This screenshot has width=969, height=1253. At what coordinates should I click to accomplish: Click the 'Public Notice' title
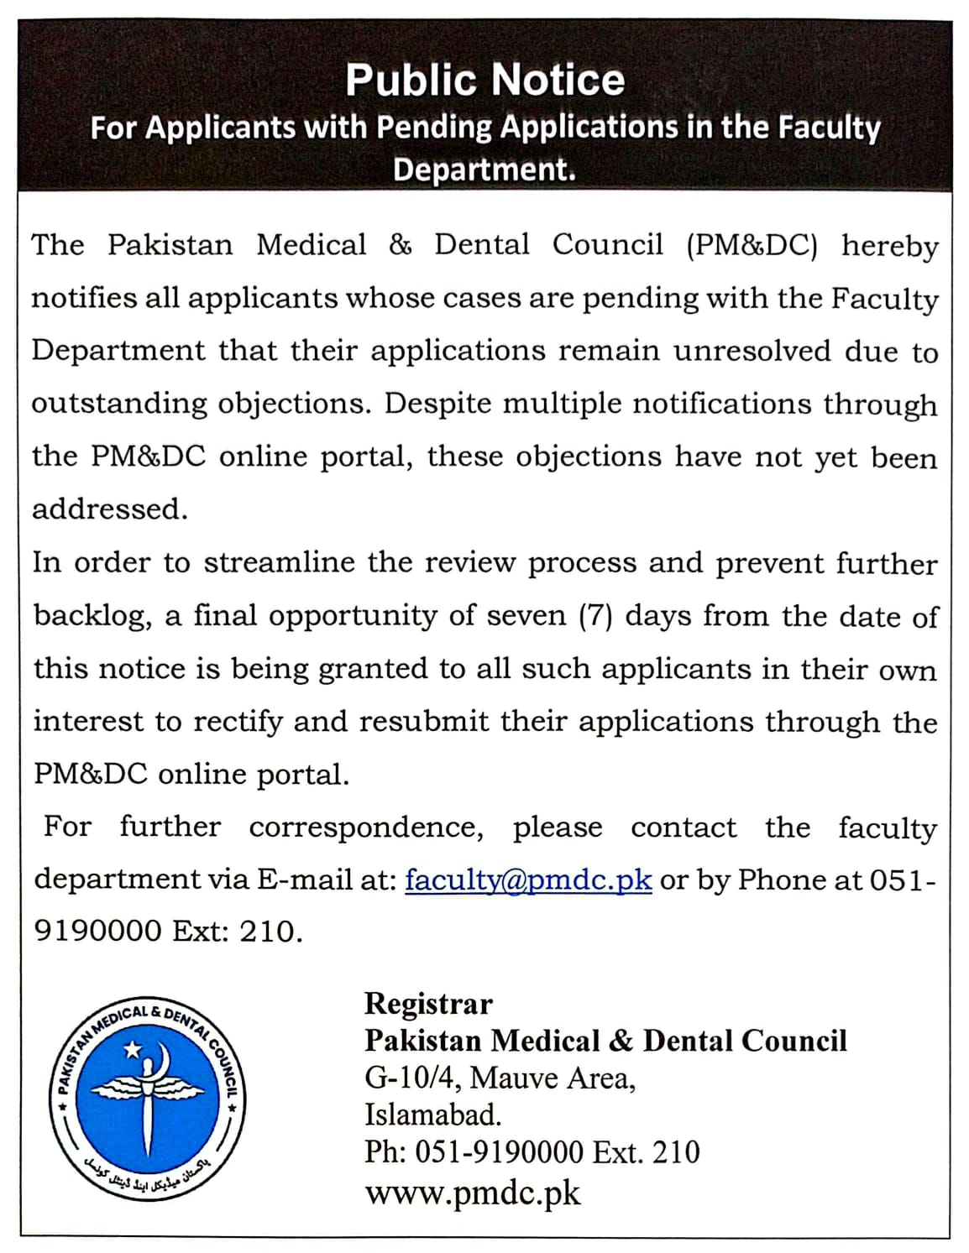point(484,80)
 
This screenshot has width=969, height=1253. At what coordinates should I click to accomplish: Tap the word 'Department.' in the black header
point(484,169)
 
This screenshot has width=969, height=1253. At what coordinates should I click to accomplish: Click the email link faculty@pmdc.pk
point(528,880)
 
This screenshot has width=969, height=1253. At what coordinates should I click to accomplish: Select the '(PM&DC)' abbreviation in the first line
point(752,245)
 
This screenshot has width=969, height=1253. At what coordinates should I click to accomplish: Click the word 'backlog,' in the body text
point(93,617)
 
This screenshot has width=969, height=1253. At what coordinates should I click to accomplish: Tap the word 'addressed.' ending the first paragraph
point(110,509)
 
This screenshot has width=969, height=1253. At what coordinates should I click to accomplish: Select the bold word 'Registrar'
point(428,1004)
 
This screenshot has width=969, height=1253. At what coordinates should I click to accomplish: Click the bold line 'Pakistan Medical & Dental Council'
point(605,1041)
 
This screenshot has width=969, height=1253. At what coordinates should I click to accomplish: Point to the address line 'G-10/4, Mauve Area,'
point(500,1078)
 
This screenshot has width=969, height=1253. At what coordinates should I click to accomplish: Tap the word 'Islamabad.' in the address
point(432,1115)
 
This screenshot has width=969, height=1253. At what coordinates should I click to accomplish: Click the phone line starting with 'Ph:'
point(532,1151)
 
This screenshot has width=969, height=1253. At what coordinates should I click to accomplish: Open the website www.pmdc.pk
point(472,1193)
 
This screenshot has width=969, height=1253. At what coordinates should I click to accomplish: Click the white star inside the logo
point(132,1050)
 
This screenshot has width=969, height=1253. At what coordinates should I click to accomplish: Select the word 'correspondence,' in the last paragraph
point(366,828)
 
